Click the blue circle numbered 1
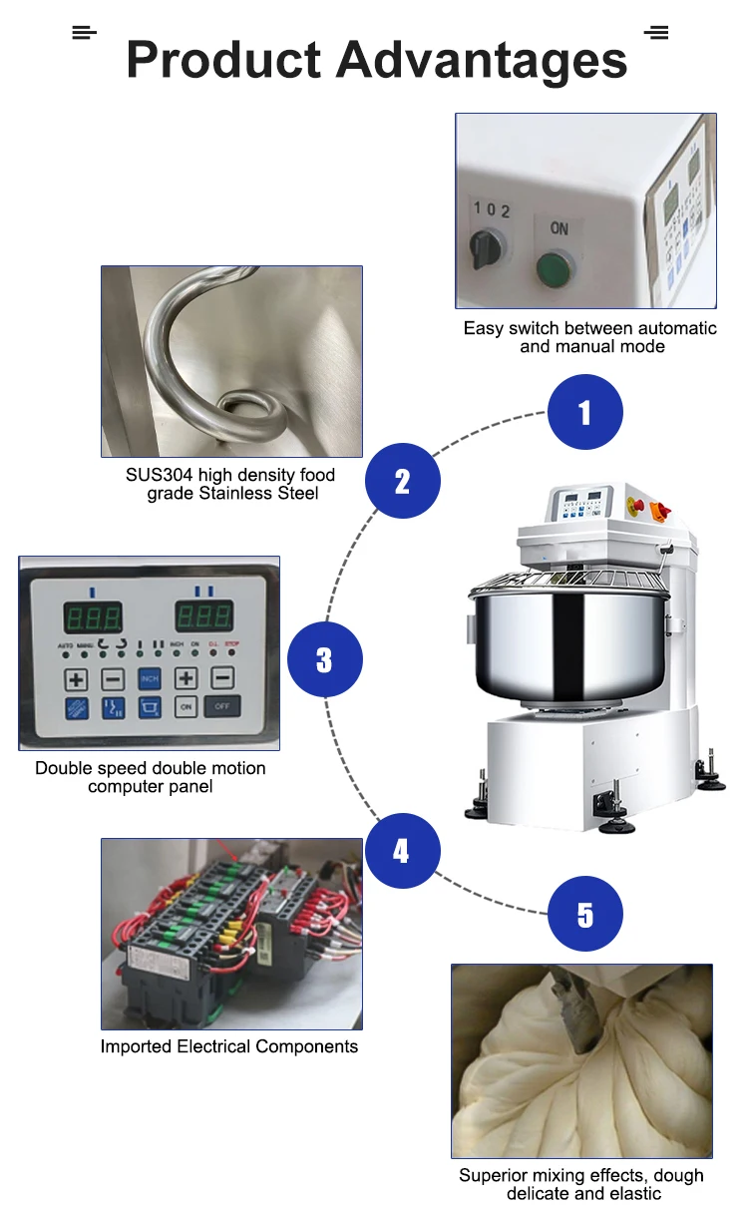(585, 412)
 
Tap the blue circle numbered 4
(401, 851)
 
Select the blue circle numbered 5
(585, 915)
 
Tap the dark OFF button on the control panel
(222, 706)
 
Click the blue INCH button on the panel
(150, 679)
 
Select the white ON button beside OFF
(187, 706)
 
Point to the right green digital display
(204, 615)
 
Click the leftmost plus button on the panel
(77, 679)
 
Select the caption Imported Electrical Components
(229, 1046)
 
